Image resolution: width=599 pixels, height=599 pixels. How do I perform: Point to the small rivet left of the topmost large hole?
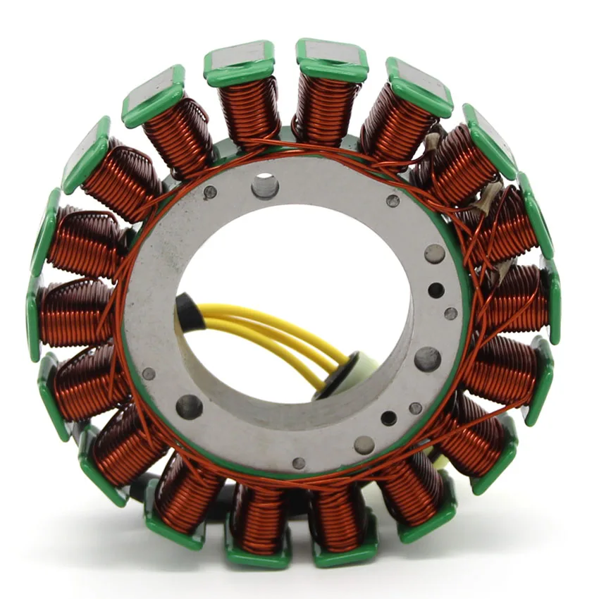[210, 191]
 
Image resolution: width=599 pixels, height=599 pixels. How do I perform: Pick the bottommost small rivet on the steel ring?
[299, 463]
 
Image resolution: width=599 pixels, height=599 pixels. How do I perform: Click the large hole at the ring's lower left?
[190, 406]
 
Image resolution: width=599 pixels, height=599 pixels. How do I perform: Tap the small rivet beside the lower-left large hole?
[149, 373]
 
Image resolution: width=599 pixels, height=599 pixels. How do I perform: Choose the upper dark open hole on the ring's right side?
[436, 290]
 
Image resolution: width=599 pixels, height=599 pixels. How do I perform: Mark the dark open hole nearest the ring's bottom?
[388, 418]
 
